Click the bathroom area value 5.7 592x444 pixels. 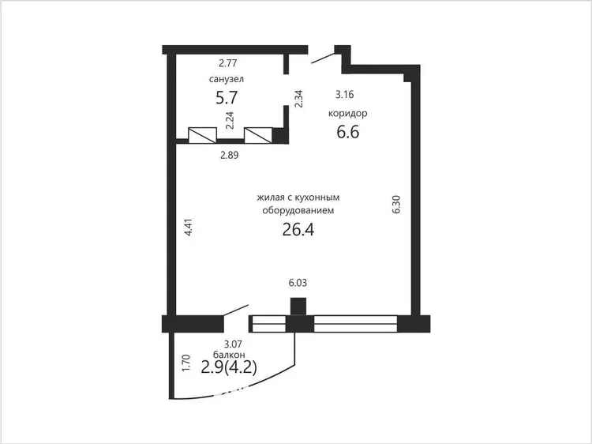(227, 98)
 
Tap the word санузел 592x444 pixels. (227, 79)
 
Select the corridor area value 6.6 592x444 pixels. (348, 132)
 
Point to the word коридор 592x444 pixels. (348, 113)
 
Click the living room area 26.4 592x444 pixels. (298, 229)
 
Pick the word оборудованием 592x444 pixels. (298, 210)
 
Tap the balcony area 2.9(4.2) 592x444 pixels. (229, 367)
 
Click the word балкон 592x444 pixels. (229, 355)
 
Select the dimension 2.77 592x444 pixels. (227, 62)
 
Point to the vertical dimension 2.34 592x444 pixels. (298, 99)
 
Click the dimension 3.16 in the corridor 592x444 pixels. (345, 95)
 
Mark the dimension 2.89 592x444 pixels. (229, 155)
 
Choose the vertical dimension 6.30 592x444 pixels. (396, 205)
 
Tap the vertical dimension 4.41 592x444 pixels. (189, 228)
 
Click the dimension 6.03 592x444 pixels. (298, 283)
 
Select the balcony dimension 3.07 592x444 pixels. (233, 344)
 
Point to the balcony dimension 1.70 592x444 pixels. (185, 363)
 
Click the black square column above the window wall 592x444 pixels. (298, 307)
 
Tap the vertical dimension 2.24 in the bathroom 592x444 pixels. (230, 120)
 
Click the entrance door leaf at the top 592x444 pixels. (323, 58)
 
